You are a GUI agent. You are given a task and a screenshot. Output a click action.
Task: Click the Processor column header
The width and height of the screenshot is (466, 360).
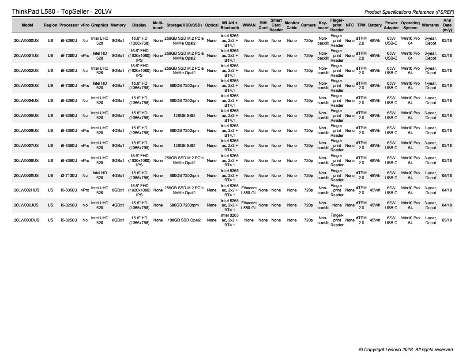[x=68, y=25]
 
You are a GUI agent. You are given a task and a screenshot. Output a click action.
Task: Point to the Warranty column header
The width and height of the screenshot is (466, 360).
[x=430, y=25]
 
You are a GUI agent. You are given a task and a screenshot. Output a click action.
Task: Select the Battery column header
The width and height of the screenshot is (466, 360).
[x=375, y=25]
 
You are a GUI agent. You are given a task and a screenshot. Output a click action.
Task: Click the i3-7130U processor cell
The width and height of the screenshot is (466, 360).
[x=69, y=176]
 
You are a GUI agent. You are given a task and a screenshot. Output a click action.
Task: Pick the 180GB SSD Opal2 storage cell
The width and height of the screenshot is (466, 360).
[x=184, y=220]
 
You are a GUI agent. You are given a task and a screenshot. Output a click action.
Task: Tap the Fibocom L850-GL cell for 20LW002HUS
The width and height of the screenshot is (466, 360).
[x=249, y=190]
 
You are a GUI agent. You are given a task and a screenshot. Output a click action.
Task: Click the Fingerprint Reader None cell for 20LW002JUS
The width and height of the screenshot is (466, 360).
[x=337, y=205]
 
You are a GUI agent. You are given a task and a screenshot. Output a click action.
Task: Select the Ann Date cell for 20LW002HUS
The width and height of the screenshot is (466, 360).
[x=447, y=190]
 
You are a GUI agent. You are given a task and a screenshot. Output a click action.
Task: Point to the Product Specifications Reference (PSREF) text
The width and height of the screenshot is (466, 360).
[x=409, y=12]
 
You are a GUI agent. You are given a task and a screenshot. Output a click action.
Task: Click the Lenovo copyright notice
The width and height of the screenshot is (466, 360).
[x=406, y=349]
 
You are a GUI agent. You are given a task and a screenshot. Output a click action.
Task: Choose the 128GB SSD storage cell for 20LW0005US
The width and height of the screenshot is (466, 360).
[x=184, y=116]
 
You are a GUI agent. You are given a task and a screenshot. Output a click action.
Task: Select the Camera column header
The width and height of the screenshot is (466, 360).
[x=308, y=25]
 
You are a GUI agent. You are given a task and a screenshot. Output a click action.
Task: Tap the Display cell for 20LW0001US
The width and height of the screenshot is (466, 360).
[x=139, y=56]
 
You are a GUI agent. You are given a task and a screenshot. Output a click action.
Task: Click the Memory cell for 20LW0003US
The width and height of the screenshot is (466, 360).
[x=118, y=86]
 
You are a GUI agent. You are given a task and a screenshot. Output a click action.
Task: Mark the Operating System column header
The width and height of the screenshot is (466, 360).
[x=410, y=25]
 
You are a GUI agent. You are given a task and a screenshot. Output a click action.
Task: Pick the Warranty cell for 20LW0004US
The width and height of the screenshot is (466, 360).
[x=430, y=101]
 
